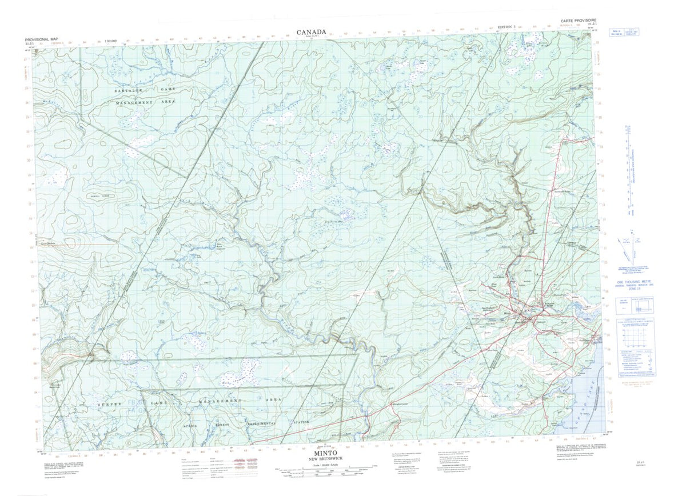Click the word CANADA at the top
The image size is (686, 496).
312,33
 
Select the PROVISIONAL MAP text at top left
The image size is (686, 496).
42,38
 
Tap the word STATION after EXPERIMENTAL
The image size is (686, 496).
301,422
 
